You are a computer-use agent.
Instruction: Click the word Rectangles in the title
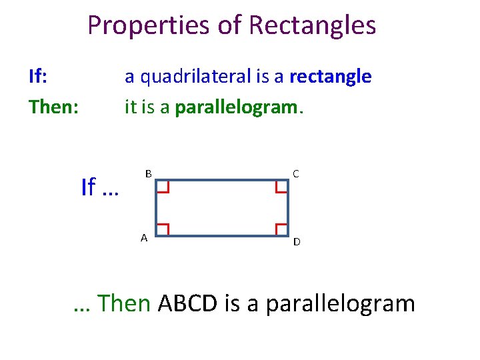point(312,26)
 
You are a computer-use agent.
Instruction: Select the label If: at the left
point(38,77)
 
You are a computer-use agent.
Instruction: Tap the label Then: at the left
point(53,107)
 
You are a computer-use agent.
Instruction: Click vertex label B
point(149,173)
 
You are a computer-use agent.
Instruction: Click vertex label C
point(295,173)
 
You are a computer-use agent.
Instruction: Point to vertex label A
point(144,237)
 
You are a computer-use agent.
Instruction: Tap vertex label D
point(297,241)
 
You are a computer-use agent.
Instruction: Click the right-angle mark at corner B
point(163,187)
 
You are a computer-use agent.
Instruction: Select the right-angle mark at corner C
point(281,187)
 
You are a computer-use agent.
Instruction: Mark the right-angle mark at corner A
point(163,229)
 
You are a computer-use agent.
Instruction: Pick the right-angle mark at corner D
point(281,229)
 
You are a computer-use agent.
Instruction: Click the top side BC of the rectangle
point(222,180)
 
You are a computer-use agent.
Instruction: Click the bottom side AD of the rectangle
point(222,236)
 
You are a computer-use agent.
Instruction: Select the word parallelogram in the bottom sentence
point(340,304)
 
